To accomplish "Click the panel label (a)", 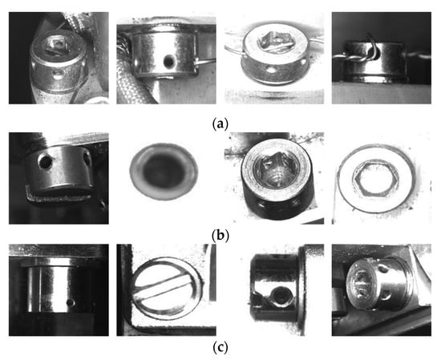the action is [220, 123].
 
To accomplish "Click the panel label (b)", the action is [220, 236].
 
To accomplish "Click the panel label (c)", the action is [220, 348].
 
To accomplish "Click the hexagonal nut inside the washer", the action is [376, 178].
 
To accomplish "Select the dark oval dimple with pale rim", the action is [164, 172].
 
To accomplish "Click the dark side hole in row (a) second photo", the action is [169, 60].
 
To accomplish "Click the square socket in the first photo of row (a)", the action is [55, 45].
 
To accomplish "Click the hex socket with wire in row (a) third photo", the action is [273, 42].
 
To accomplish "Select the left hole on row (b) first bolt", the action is [46, 162].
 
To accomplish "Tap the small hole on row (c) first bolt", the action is [71, 302].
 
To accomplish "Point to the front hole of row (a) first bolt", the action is [59, 75].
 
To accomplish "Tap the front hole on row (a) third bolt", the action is [270, 69].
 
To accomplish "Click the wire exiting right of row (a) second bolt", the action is [206, 60].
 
